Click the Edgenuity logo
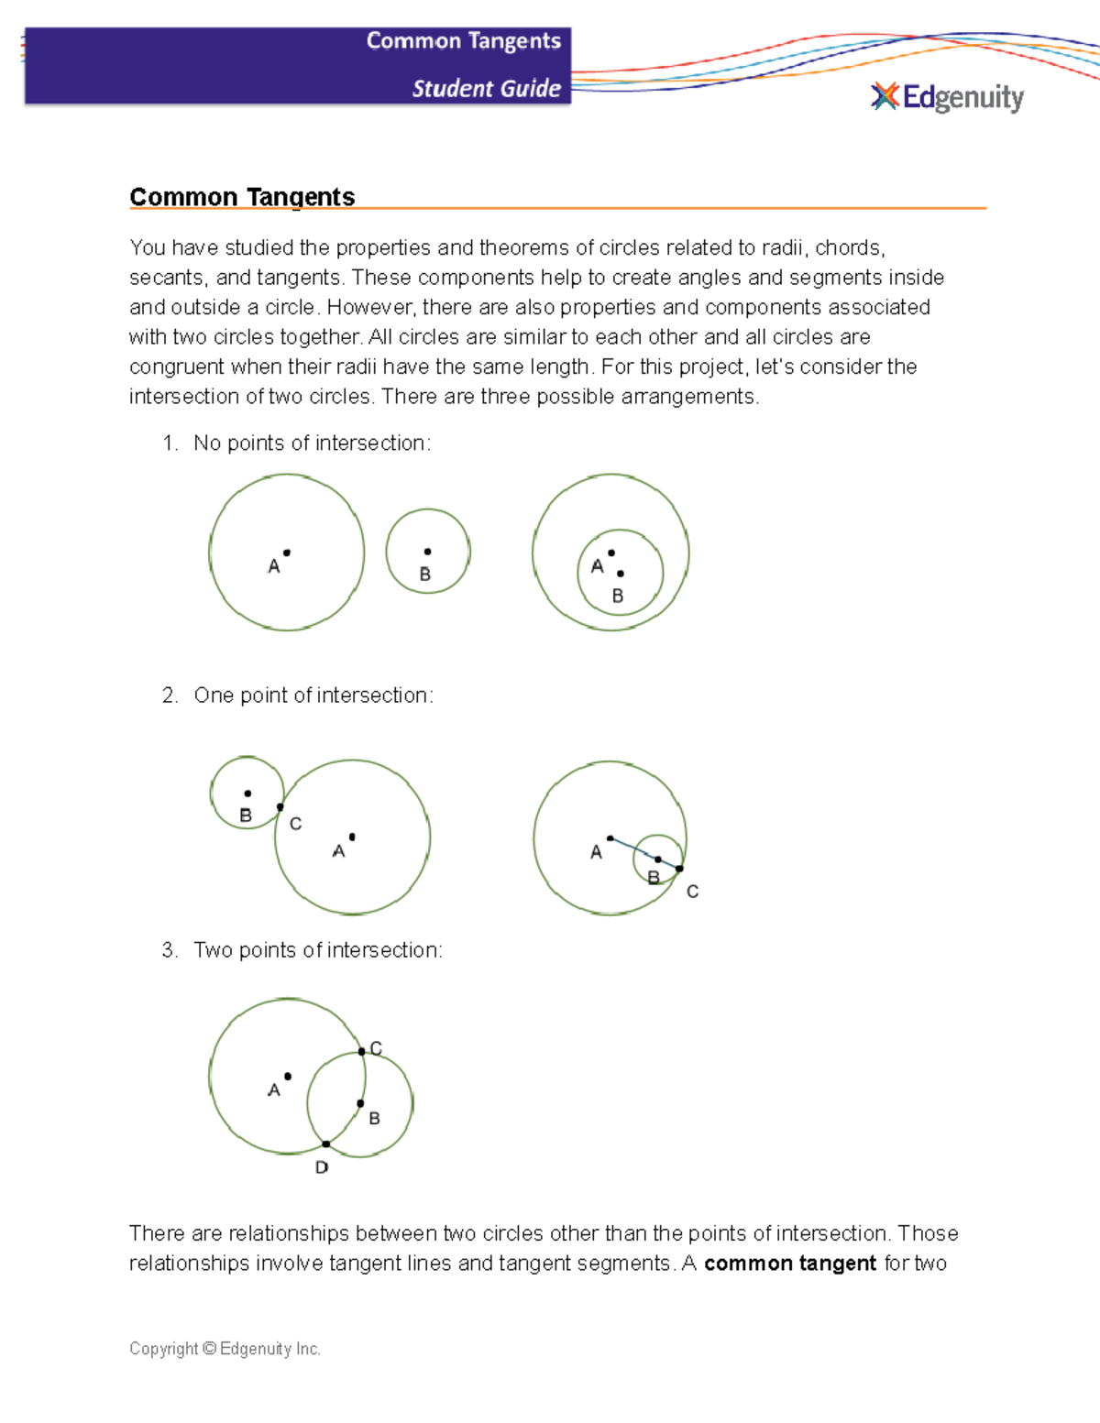(x=947, y=97)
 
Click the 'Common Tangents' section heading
(x=242, y=197)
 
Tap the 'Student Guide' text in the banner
(x=486, y=89)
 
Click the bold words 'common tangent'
(x=790, y=1264)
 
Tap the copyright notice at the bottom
(x=225, y=1349)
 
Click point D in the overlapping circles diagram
(x=326, y=1144)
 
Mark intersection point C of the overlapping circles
(x=362, y=1052)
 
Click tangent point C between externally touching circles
(x=280, y=807)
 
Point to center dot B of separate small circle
(x=427, y=552)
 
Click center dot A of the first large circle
(x=287, y=553)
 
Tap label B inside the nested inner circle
(x=618, y=596)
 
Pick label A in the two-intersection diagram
(x=273, y=1090)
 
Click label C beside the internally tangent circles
(x=692, y=892)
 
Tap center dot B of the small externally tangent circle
(x=247, y=794)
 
